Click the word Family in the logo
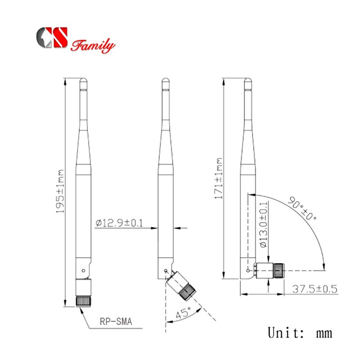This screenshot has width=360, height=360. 93,46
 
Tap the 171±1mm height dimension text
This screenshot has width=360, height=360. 219,178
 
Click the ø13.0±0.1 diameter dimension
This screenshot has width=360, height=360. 265,226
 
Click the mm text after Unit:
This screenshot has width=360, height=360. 324,334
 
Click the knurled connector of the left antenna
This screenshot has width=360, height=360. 83,301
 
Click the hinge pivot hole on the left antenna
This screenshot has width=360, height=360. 83,270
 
